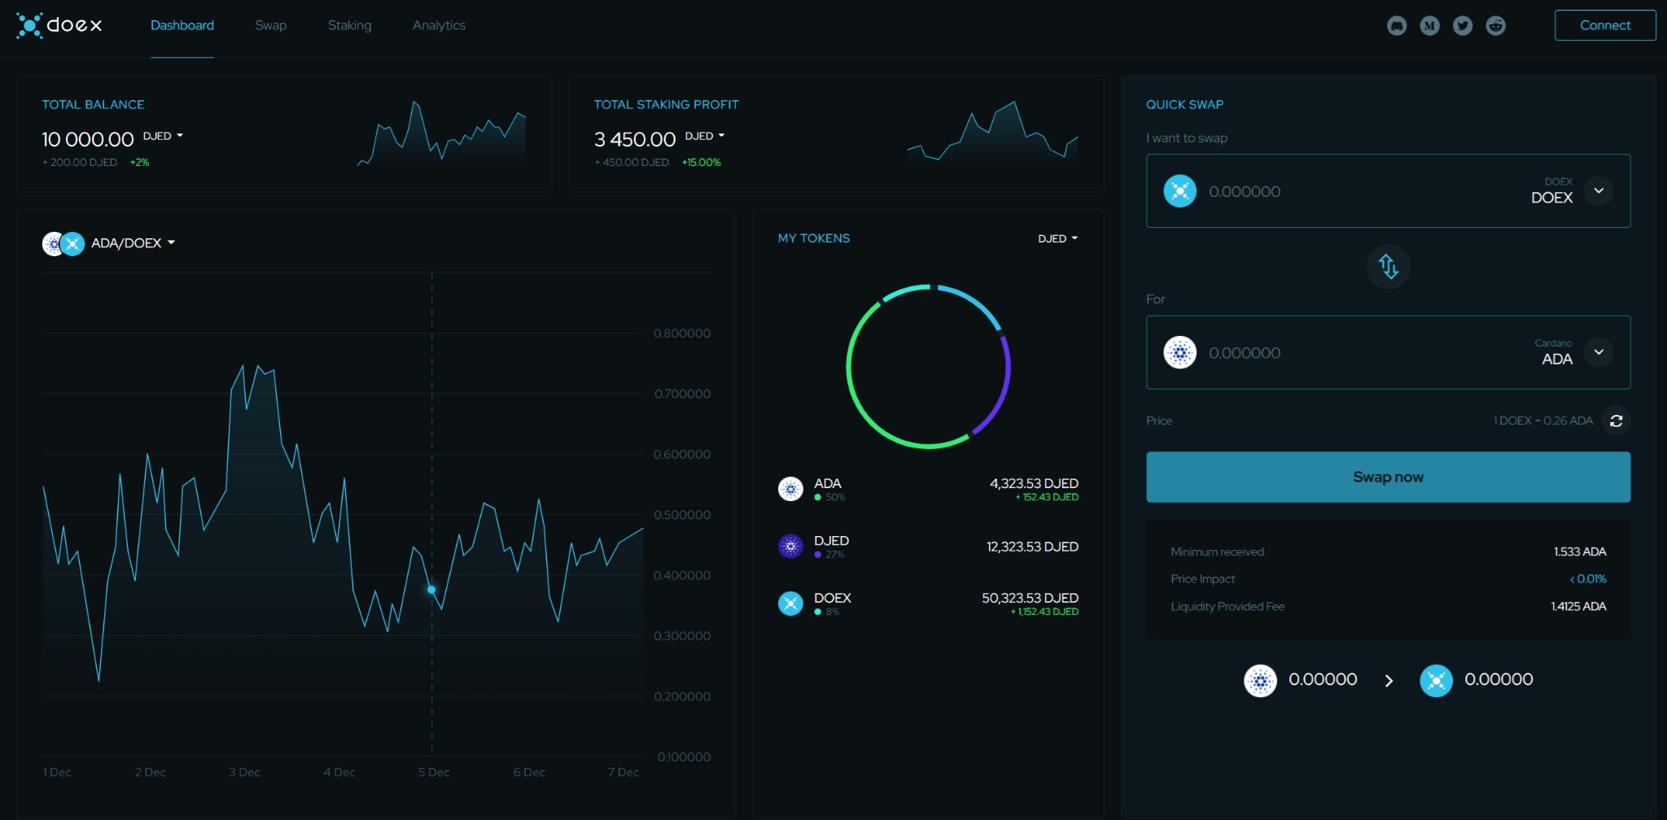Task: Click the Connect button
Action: pyautogui.click(x=1604, y=25)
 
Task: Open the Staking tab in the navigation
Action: pyautogui.click(x=349, y=25)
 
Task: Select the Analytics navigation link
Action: pyautogui.click(x=439, y=25)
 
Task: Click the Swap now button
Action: pyautogui.click(x=1388, y=477)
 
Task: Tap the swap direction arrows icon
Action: pyautogui.click(x=1388, y=266)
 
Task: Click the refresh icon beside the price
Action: pyautogui.click(x=1616, y=421)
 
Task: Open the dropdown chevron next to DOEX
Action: pyautogui.click(x=1599, y=191)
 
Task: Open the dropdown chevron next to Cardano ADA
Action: pyautogui.click(x=1599, y=352)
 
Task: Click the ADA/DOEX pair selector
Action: pyautogui.click(x=109, y=243)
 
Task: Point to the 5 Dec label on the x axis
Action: pyautogui.click(x=434, y=772)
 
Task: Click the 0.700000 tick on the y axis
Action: pyautogui.click(x=682, y=394)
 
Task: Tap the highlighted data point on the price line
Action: pyautogui.click(x=431, y=589)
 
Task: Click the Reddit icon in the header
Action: pyautogui.click(x=1495, y=26)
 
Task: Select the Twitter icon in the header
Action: pyautogui.click(x=1463, y=26)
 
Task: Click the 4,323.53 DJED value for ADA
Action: pyautogui.click(x=1034, y=483)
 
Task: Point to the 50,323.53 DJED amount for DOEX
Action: pyautogui.click(x=1030, y=598)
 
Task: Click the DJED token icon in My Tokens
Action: pyautogui.click(x=790, y=547)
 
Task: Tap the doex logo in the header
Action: pyautogui.click(x=59, y=25)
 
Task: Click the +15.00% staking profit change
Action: pyautogui.click(x=701, y=163)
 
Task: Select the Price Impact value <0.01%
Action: pyautogui.click(x=1587, y=579)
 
